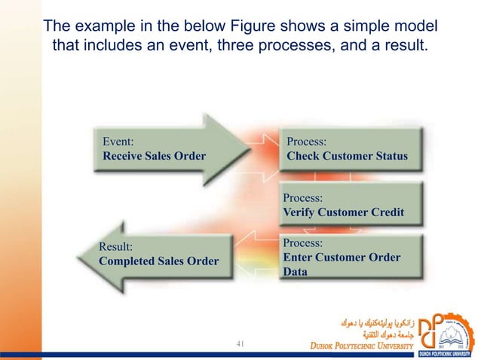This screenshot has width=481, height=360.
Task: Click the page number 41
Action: [241, 344]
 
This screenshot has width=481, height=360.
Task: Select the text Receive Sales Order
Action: [154, 156]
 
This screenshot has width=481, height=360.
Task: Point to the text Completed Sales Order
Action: [158, 261]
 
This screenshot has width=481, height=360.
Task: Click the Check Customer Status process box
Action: [349, 149]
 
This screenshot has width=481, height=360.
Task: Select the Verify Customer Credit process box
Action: [349, 205]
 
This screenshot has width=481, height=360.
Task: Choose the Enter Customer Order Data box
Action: [349, 258]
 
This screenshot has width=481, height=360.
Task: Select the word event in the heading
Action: [213, 47]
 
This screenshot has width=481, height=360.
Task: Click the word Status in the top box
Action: [388, 156]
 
